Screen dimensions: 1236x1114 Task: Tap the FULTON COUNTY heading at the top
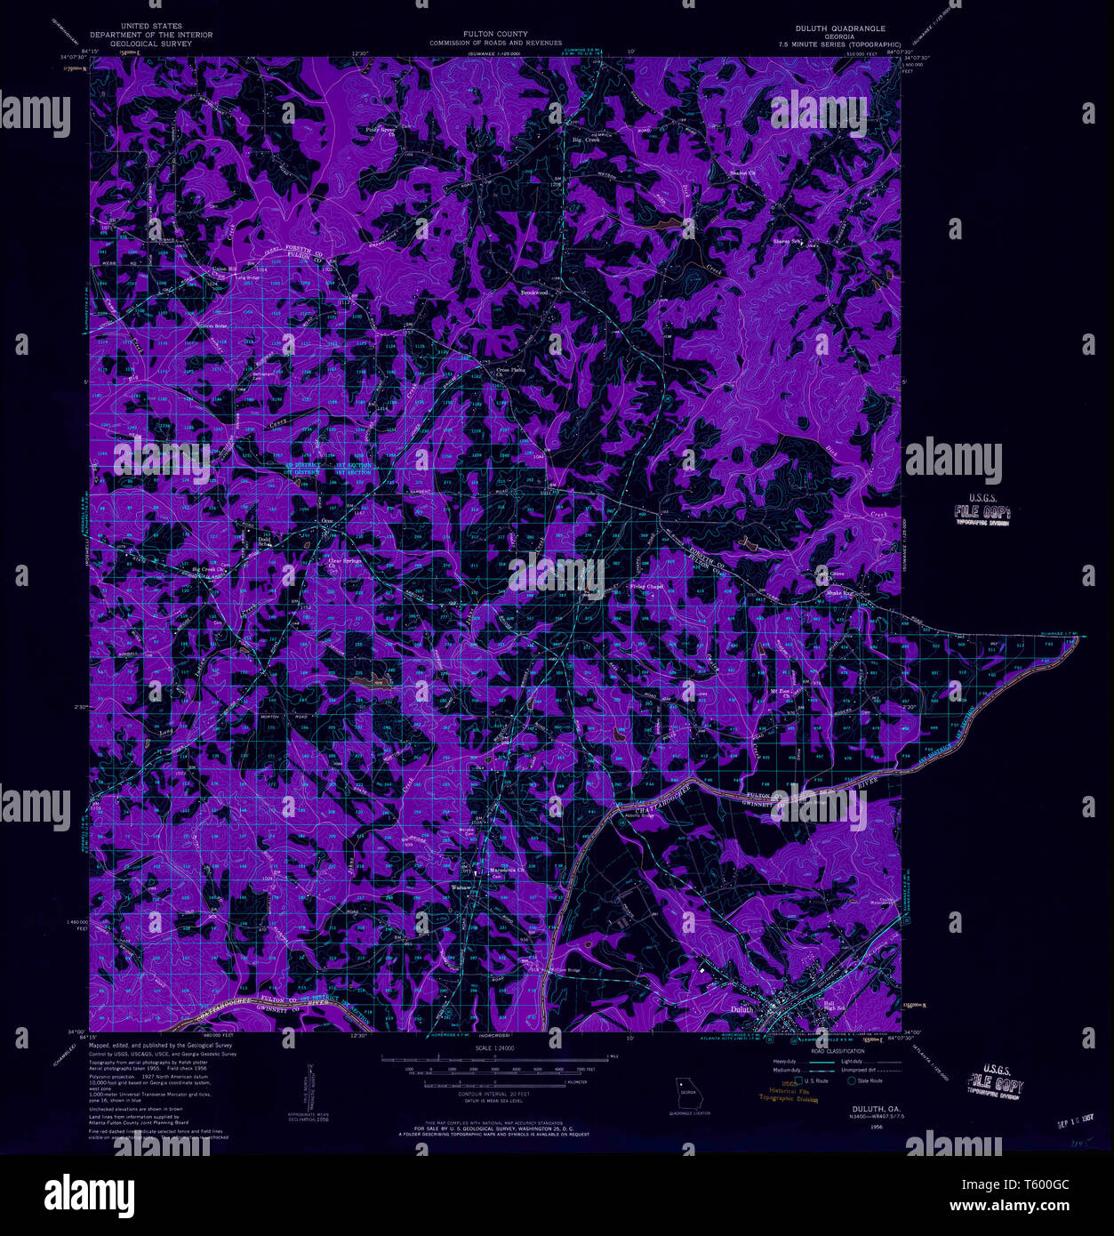tap(495, 35)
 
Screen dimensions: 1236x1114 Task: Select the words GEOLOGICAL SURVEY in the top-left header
tap(150, 44)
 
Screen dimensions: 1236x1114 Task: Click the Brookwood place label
tap(534, 292)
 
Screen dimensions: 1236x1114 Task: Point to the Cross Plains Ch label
tap(510, 372)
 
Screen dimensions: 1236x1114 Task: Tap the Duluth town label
tap(741, 1009)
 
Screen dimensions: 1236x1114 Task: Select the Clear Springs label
tap(345, 561)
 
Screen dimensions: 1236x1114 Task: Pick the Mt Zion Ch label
tap(780, 691)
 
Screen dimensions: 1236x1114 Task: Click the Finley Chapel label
tap(646, 587)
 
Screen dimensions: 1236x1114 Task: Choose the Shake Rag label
tap(839, 592)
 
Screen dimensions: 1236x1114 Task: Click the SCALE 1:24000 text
tap(496, 1049)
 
